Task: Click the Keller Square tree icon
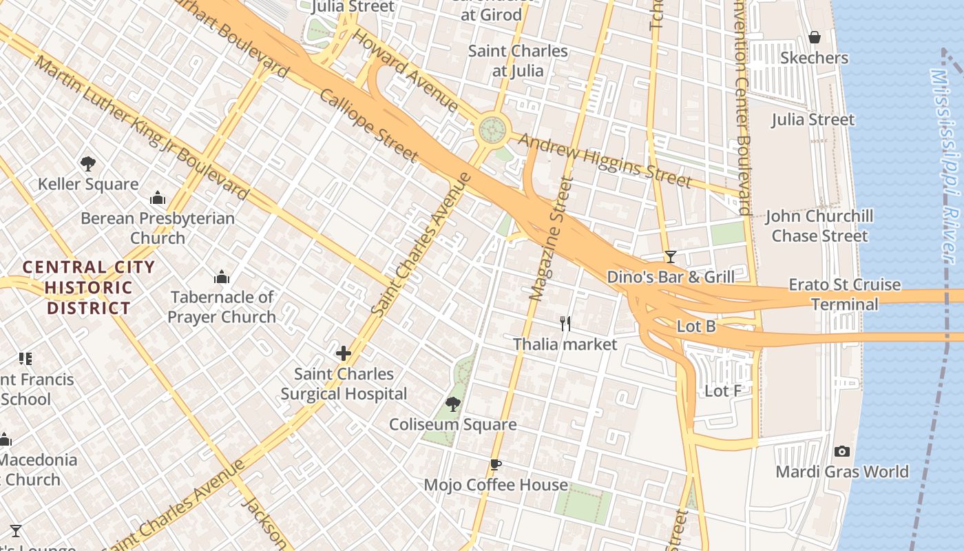(87, 164)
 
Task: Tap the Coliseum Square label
(452, 424)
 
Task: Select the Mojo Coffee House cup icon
(495, 464)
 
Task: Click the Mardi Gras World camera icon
(841, 452)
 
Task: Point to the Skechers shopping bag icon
(815, 37)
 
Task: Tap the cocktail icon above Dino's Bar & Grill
(670, 257)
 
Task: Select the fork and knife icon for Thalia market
(565, 323)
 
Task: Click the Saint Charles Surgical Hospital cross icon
(343, 354)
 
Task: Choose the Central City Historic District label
(88, 287)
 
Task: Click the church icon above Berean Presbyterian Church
(158, 198)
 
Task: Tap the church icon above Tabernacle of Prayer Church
(222, 277)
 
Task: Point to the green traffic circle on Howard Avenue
(492, 128)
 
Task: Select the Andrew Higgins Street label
(604, 160)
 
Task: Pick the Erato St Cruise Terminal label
(844, 294)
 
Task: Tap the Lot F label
(723, 391)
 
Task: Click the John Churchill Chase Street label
(819, 226)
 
